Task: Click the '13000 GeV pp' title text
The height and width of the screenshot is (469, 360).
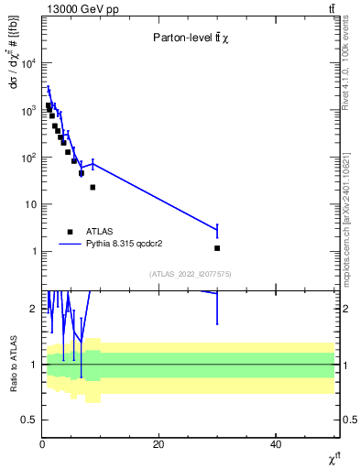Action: pos(76,8)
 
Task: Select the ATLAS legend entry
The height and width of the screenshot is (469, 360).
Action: pos(102,232)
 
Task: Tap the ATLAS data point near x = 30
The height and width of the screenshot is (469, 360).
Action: pos(217,248)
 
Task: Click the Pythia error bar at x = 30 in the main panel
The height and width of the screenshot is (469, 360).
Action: pos(217,230)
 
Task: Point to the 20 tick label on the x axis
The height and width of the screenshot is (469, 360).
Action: pos(158,444)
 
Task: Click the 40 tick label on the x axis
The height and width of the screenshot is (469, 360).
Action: pos(276,444)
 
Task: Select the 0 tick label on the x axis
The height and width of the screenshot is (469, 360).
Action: pos(42,444)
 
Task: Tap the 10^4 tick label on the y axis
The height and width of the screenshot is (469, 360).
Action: pos(27,63)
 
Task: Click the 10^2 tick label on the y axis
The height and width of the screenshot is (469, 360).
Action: pos(27,158)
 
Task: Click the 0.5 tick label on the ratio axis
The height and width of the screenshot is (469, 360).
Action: pos(29,420)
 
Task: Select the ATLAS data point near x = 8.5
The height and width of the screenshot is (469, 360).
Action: pos(93,187)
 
